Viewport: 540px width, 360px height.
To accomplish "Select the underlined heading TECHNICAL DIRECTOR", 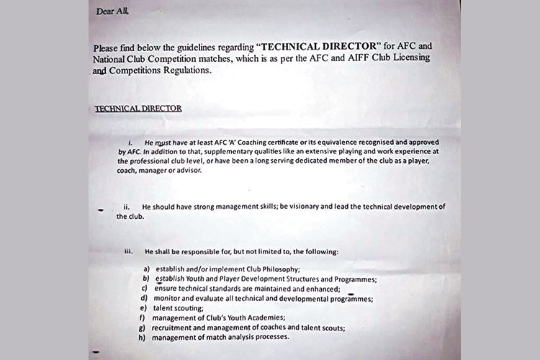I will (x=139, y=108).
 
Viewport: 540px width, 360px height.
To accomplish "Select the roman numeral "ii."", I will (x=126, y=207).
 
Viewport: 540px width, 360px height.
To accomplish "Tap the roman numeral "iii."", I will (x=130, y=253).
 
